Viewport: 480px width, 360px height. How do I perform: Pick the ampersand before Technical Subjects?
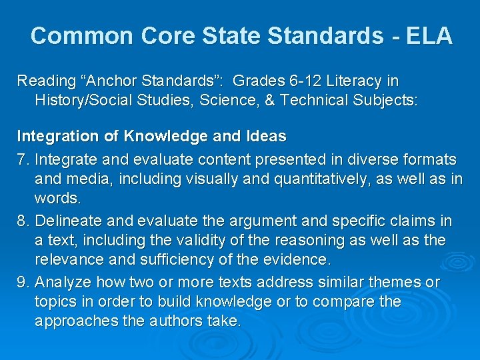point(271,101)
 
